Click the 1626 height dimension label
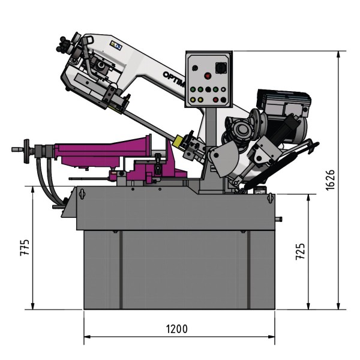pos(330,178)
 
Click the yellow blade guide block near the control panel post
pos(179,142)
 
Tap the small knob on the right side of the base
pos(278,218)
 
